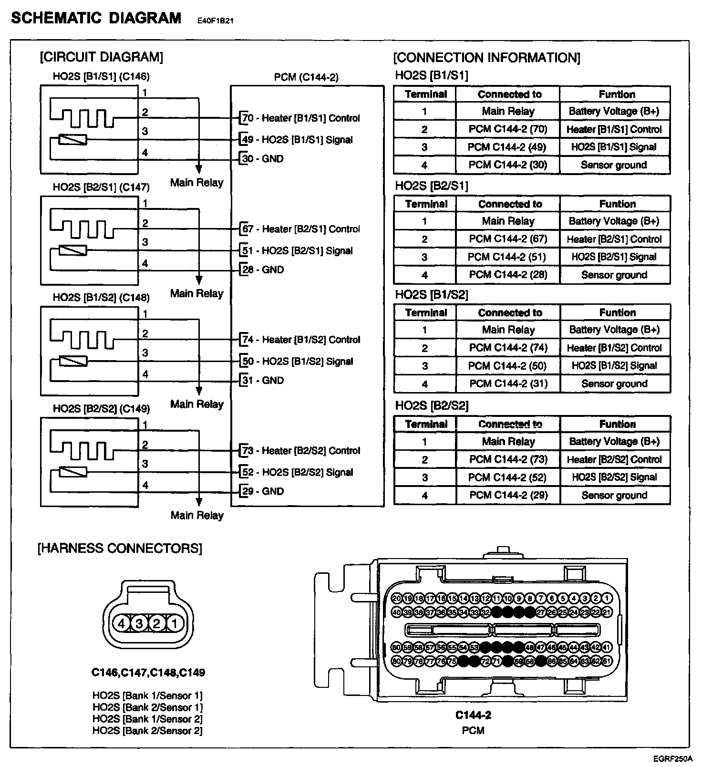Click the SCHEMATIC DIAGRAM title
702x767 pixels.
tap(96, 18)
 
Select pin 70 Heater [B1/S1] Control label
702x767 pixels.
tap(301, 118)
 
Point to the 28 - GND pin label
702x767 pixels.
tap(263, 270)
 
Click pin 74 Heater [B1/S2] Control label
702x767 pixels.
tap(301, 340)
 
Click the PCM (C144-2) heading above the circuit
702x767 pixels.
tap(306, 77)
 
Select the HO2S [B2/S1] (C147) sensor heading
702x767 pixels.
tap(101, 187)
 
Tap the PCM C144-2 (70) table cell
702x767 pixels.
tap(508, 129)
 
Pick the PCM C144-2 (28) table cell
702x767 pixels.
tap(508, 275)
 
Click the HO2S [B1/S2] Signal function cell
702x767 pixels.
tap(615, 366)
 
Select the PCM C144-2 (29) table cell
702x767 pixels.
tap(508, 495)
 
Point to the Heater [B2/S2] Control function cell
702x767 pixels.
tap(615, 459)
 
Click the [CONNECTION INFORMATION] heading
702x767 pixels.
tap(486, 58)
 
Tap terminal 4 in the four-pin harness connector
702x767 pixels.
tap(121, 623)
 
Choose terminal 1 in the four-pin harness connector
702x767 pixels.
tap(175, 623)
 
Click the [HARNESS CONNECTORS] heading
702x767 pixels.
tap(120, 548)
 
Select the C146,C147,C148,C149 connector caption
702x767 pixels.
tap(148, 673)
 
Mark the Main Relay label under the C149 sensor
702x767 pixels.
tap(197, 515)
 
